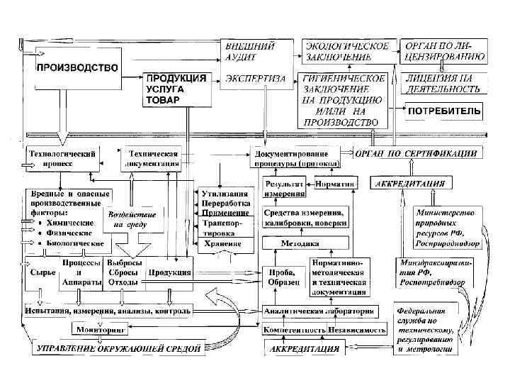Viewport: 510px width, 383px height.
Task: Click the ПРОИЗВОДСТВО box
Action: [x=78, y=69]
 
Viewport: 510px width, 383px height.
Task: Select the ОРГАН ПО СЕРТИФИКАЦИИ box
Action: [x=418, y=153]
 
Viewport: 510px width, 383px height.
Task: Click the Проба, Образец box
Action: [x=282, y=277]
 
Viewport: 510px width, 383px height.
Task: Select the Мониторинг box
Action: [x=98, y=329]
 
